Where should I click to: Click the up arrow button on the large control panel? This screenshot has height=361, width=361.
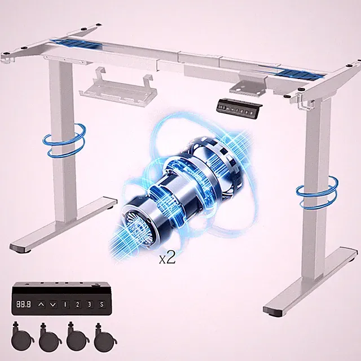coord(41,305)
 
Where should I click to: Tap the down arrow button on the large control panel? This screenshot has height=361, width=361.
coord(53,305)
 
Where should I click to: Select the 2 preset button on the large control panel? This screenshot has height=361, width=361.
coord(77,305)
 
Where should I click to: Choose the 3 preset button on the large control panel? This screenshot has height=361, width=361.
coord(90,305)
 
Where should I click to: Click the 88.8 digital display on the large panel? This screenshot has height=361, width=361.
coord(24,305)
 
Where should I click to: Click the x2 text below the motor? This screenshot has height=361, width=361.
coord(168,258)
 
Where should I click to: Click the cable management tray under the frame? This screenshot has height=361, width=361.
coord(118,89)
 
